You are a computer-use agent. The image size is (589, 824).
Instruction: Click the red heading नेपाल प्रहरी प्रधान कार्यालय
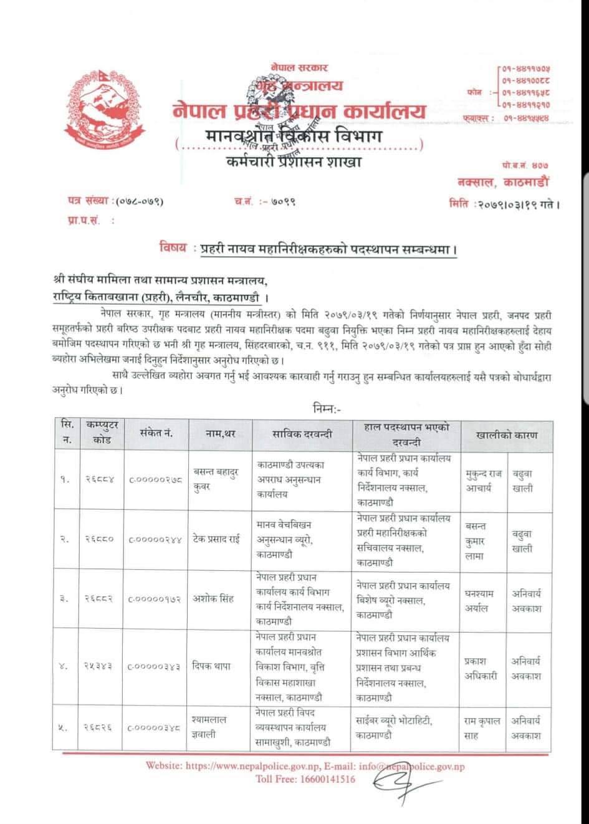coord(299,112)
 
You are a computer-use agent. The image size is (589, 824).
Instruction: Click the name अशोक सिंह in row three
coord(213,599)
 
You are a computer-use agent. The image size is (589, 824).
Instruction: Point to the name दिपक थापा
coord(211,666)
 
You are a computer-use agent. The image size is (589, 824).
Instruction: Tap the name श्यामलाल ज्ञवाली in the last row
coord(209,726)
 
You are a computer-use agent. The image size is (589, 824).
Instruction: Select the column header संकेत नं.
coord(156,434)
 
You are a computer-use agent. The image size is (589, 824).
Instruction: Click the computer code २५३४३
coord(99,666)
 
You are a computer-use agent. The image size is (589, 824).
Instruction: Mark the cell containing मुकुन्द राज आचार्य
coord(483,480)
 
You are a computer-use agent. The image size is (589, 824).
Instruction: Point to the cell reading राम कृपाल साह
coord(483,727)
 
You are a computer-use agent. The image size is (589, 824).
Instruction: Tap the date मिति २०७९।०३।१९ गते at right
coord(503,203)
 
